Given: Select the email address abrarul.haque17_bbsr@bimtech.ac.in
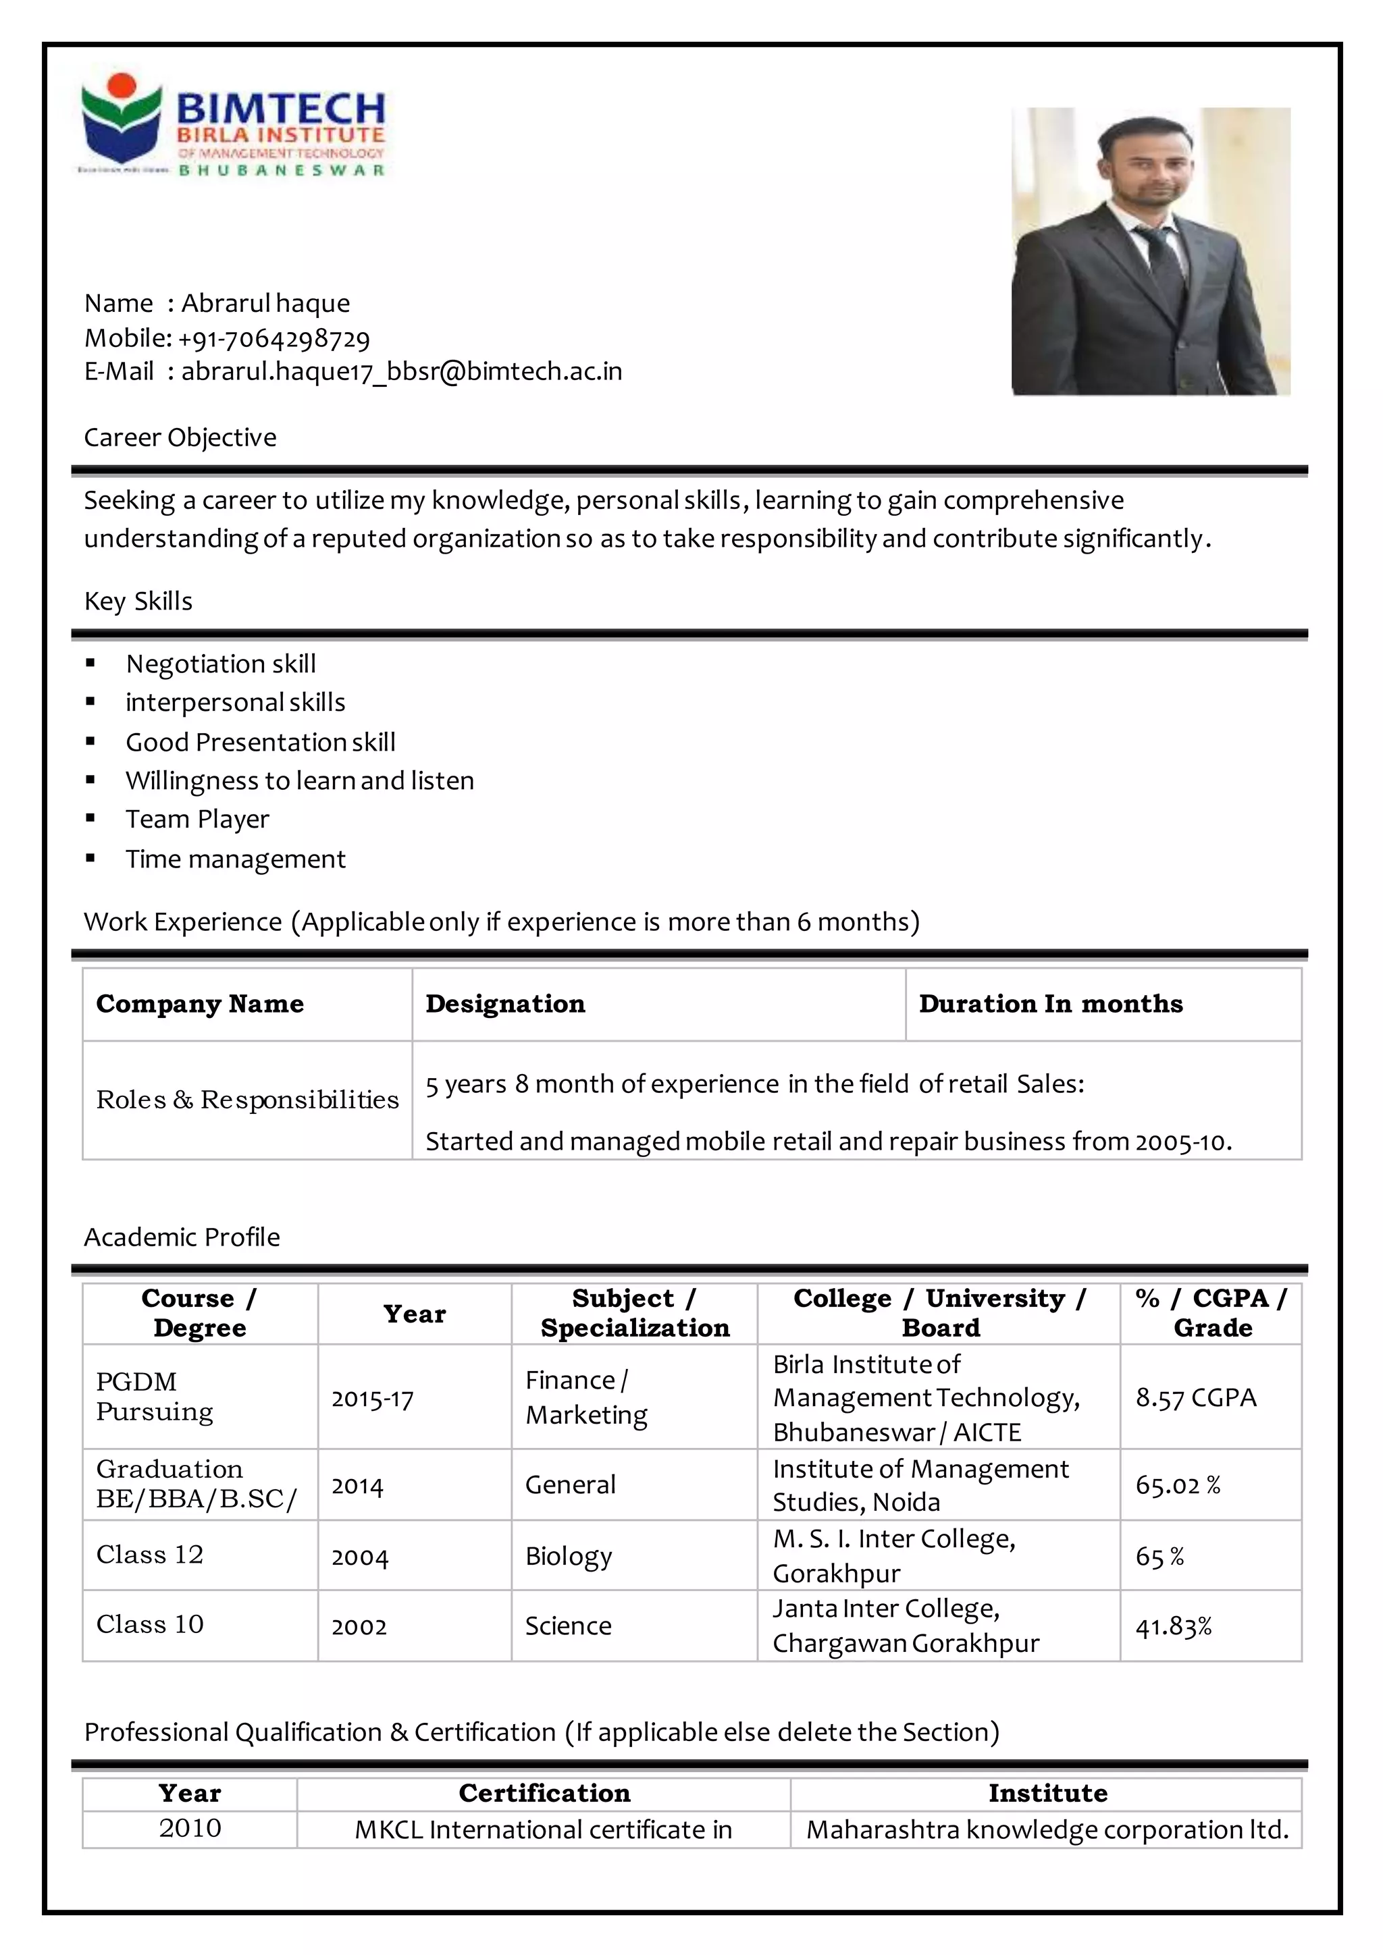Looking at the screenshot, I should click(401, 372).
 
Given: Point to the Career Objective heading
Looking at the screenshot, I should click(180, 437).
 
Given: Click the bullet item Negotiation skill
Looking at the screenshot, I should click(221, 664).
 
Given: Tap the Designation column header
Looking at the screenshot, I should click(505, 1004).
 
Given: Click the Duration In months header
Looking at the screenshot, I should click(1050, 1004).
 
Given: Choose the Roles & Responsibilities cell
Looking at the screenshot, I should click(247, 1099).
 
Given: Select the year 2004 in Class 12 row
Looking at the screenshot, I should click(359, 1557).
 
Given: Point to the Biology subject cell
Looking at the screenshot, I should click(568, 1555).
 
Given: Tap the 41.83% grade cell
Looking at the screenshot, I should click(1173, 1627).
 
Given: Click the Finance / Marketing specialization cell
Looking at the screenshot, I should click(586, 1397).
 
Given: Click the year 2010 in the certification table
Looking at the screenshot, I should click(189, 1828).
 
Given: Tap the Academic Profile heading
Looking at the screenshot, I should click(182, 1237).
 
